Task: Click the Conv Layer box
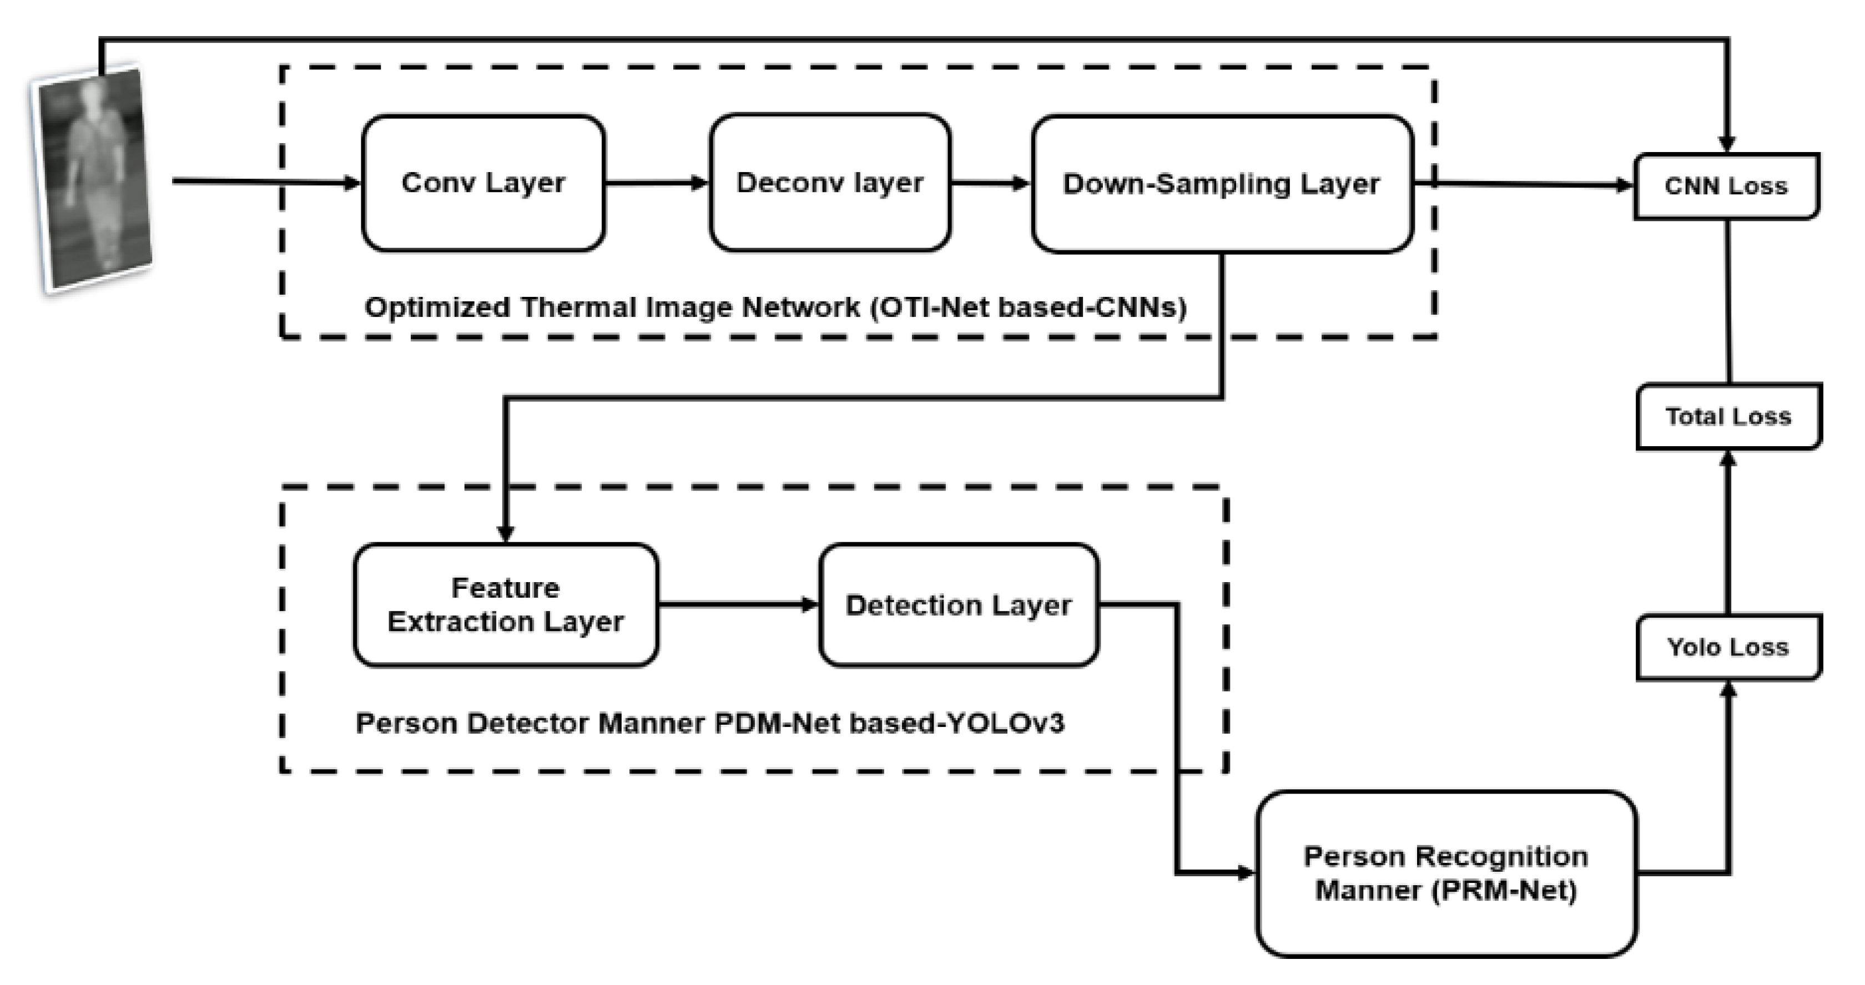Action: coord(483,183)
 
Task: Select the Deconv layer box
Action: coord(830,183)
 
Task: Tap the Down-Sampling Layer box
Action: coord(1221,184)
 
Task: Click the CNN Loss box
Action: coord(1726,186)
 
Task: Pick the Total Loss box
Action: coord(1728,417)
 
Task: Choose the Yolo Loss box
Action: coord(1728,647)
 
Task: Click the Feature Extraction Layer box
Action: coord(505,605)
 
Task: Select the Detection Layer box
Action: coord(959,605)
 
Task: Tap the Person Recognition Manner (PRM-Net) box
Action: coord(1446,873)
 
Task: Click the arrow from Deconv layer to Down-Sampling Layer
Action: coord(990,183)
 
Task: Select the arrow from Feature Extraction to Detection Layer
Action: coord(738,604)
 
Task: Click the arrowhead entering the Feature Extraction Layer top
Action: coord(505,533)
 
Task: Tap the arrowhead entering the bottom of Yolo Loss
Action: coord(1728,690)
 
